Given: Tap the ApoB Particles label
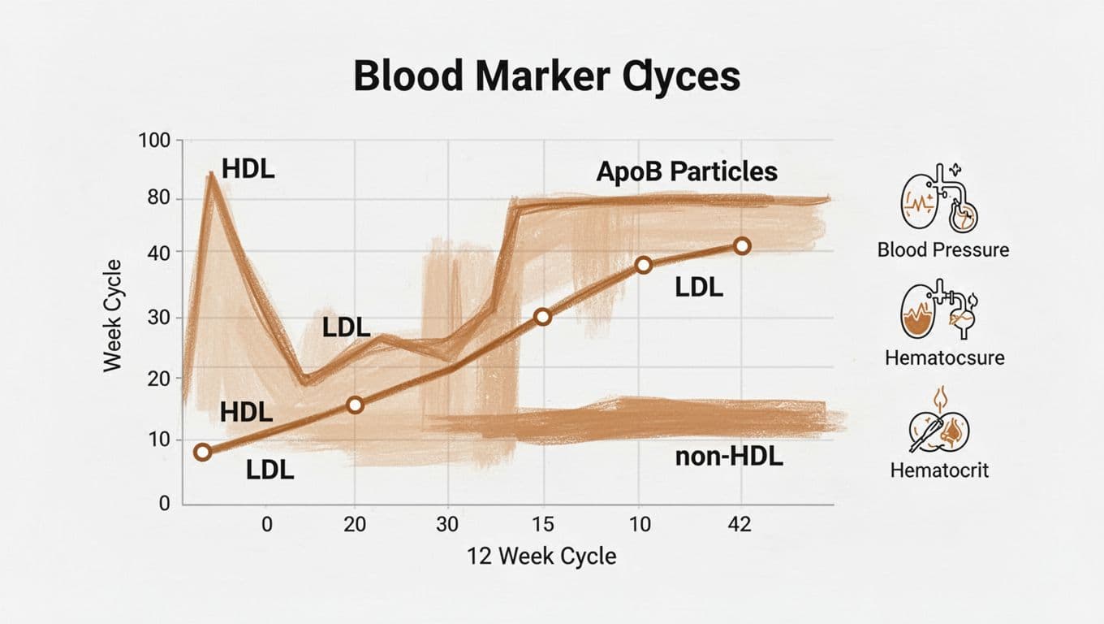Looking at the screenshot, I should pos(687,171).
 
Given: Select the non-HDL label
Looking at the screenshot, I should pos(728,457).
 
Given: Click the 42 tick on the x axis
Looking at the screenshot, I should pos(739,524).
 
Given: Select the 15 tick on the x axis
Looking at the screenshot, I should pos(542,524).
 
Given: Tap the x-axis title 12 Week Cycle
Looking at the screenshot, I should pos(541,557).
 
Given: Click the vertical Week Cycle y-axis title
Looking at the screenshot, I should pos(113,316).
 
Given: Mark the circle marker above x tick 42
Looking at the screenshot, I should pos(740,246).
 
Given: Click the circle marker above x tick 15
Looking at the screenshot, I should pos(543,317).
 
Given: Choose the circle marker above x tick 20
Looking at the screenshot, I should pos(354,405).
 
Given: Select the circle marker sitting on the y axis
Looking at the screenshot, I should pos(203,453).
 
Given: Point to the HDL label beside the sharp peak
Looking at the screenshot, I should pos(248,171).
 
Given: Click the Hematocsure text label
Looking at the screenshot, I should pos(944,358).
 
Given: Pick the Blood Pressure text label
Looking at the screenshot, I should pos(943,249).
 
